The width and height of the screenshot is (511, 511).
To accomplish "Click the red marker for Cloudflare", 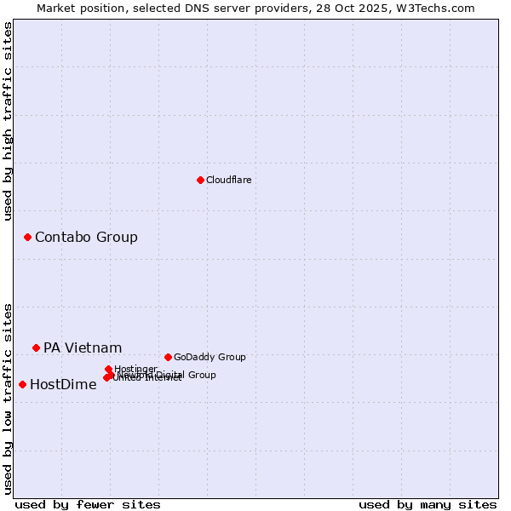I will [200, 180].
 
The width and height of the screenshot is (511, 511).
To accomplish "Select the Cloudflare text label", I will [228, 181].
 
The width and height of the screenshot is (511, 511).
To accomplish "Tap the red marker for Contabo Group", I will [27, 237].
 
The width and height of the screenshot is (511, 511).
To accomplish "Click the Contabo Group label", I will [86, 237].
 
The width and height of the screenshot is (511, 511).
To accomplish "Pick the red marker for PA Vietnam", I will [36, 347].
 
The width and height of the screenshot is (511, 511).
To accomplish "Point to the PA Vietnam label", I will [83, 347].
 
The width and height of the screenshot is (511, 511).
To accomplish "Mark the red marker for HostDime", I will [22, 384].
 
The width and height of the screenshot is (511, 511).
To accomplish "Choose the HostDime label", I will [63, 384].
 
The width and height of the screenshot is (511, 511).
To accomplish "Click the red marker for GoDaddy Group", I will [168, 357].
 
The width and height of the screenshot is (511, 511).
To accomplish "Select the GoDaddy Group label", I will [210, 358].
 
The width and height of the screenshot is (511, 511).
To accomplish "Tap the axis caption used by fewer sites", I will [88, 504].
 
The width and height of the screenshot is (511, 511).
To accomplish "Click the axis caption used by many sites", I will [428, 504].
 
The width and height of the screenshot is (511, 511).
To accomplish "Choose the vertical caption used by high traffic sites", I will [8, 121].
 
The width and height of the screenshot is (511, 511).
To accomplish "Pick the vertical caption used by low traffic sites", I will [8, 399].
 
